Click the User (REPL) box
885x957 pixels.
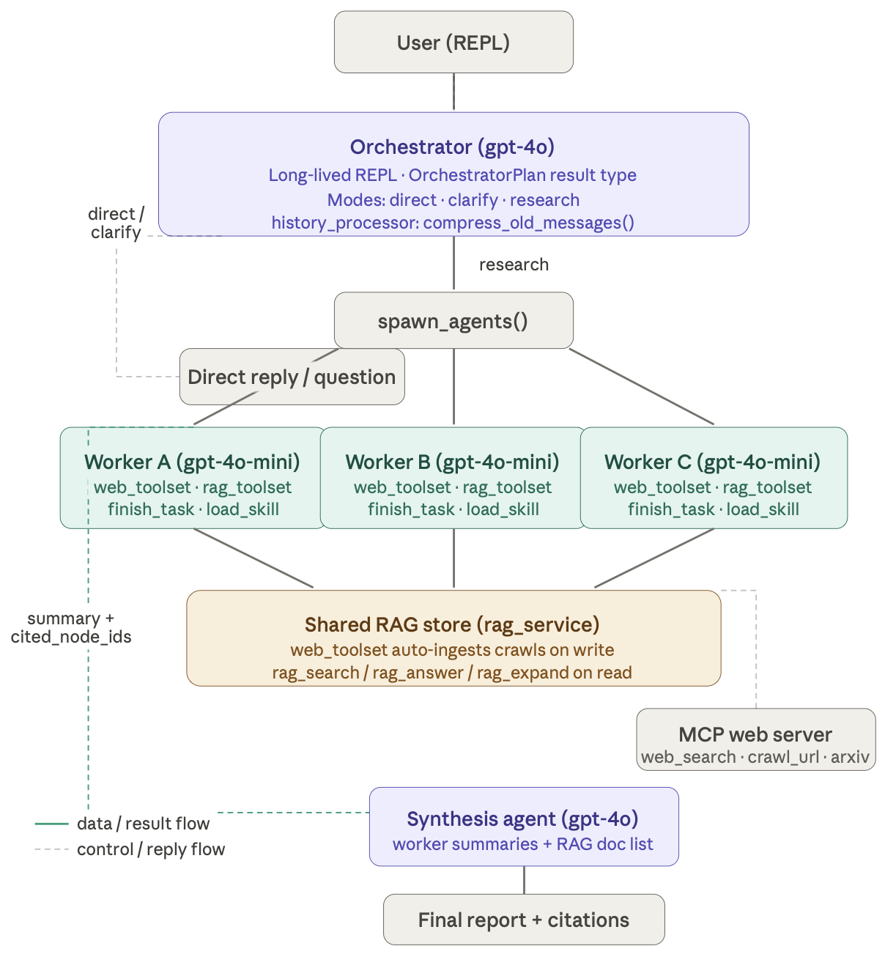tap(453, 43)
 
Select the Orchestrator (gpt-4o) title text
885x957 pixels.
tap(452, 147)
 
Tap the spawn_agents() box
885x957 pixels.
tap(453, 321)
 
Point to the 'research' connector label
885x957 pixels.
tap(514, 265)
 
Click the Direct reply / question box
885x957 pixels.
tap(292, 377)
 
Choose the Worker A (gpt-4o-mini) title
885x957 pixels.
tap(192, 462)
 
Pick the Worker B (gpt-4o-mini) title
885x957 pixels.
tap(452, 462)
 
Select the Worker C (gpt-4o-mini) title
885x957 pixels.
tap(712, 462)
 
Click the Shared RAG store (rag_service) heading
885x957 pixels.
tap(452, 625)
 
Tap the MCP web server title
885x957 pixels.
tap(755, 735)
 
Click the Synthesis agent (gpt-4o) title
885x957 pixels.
tap(522, 819)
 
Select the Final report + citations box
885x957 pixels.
tap(523, 920)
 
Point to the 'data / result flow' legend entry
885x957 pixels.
tap(143, 824)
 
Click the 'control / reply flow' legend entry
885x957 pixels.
tap(151, 850)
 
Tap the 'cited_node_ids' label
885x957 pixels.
tap(71, 637)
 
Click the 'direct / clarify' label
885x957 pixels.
tap(116, 223)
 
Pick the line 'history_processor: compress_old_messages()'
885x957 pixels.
tap(453, 223)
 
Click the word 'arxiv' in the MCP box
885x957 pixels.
tap(850, 758)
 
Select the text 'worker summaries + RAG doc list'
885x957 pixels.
tap(522, 844)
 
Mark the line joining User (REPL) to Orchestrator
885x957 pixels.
tap(453, 92)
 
